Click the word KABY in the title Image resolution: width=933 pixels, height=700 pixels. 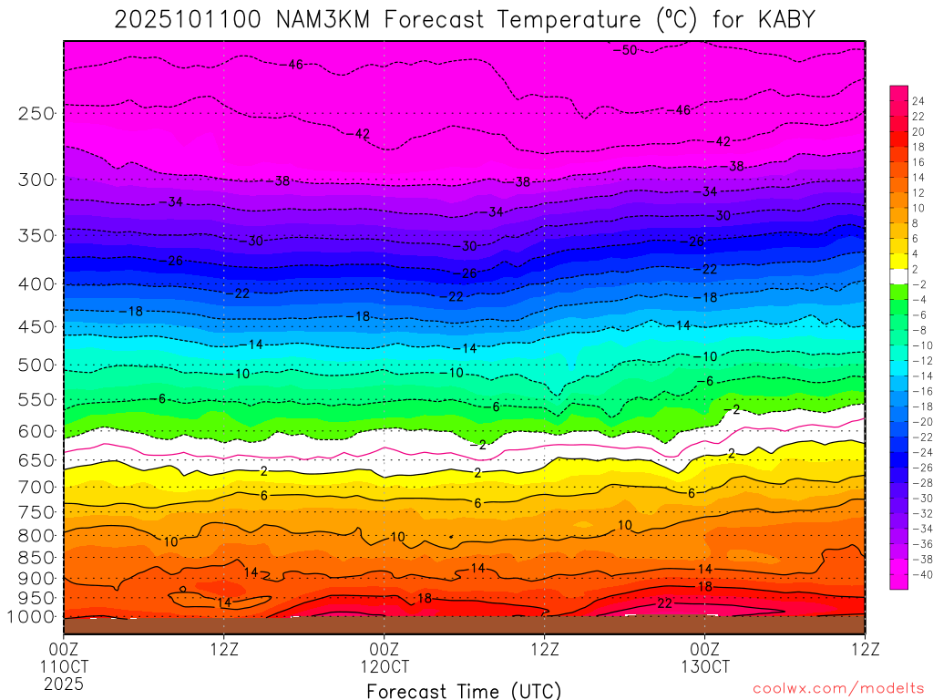point(782,20)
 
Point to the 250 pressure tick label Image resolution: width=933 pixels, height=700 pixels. point(36,114)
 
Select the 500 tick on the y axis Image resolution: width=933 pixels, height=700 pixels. point(36,365)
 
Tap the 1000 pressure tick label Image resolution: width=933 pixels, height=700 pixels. point(32,617)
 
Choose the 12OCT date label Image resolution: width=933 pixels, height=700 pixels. point(384,665)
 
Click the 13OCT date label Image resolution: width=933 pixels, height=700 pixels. point(704,665)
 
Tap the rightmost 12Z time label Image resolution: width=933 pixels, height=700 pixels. point(864,649)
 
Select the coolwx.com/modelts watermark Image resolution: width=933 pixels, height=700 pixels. point(837,689)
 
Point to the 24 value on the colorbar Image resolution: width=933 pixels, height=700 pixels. point(918,100)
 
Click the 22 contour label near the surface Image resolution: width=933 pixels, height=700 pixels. point(664,603)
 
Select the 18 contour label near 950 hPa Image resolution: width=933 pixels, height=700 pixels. point(424,599)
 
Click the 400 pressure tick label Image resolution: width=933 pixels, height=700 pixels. point(36,284)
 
